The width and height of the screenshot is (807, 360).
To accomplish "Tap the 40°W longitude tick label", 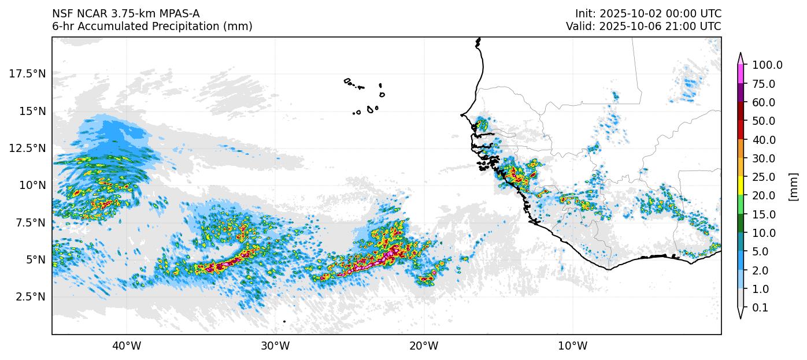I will click(126, 346).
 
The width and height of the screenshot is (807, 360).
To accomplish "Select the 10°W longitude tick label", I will click(572, 346).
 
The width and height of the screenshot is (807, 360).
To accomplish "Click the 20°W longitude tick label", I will click(424, 346).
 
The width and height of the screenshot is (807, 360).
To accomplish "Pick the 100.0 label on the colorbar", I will click(767, 65).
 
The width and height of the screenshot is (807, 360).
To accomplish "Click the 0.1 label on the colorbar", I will click(760, 308).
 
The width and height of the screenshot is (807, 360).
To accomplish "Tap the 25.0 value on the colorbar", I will click(764, 177).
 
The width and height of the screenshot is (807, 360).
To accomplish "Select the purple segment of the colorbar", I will click(741, 93).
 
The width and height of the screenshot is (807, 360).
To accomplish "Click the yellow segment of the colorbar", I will click(741, 186).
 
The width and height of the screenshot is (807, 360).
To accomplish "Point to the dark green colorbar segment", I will click(741, 224).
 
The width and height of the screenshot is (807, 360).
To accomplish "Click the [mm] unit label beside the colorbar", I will click(793, 187).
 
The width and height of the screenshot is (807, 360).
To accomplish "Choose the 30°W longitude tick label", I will click(275, 346).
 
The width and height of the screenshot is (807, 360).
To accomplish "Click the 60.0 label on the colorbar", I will click(764, 103).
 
